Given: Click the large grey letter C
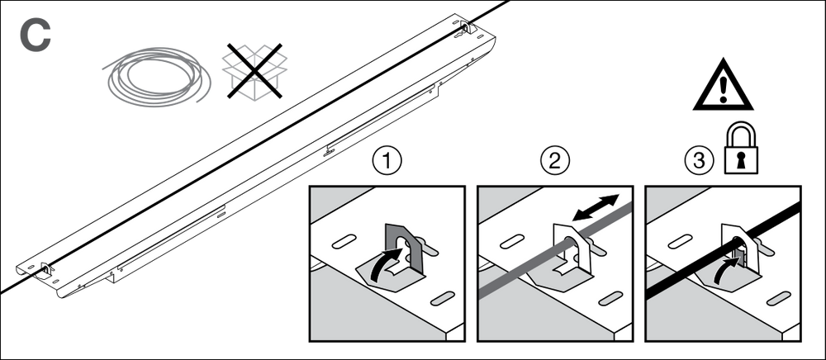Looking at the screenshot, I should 34,36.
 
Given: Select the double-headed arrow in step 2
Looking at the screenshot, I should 596,206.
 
